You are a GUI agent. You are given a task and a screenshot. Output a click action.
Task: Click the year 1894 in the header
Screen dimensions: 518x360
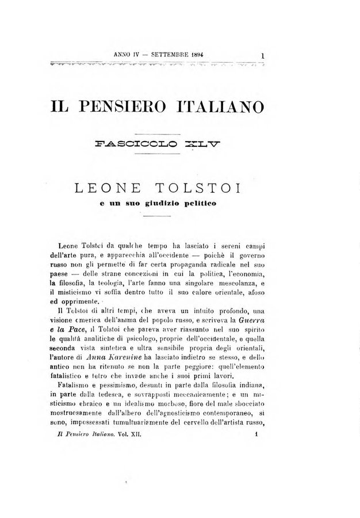point(198,55)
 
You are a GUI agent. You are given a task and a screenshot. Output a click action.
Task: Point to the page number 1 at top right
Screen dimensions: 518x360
point(262,56)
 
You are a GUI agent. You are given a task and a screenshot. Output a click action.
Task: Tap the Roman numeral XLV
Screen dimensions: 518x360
point(199,148)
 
